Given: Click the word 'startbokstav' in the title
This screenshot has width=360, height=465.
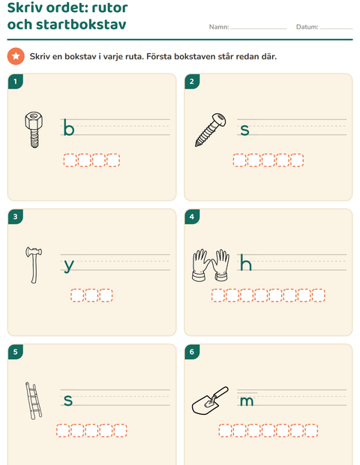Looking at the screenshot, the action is pos(81,24).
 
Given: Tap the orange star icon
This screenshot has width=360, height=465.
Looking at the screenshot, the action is pos(16,56).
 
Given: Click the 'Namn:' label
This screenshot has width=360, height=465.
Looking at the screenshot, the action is pos(219,27).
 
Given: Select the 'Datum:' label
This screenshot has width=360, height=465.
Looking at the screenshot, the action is pos(307,27).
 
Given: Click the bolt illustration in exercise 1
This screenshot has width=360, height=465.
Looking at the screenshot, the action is pos(34,129).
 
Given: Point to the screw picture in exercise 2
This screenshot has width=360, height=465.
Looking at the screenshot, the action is pos(211,130).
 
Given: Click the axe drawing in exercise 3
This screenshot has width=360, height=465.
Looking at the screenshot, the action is pos(34,265).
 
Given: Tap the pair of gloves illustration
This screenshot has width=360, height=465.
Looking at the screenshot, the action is pos(211,265).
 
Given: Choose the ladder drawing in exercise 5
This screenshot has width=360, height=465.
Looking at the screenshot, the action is pos(34,400).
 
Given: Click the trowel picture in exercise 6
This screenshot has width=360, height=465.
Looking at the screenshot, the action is pos(210,400).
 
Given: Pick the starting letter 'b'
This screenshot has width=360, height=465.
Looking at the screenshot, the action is pos(68,128).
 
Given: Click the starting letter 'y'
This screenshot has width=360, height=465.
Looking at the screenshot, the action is pos(69,265).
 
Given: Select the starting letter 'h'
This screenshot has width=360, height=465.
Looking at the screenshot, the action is pos(246,262).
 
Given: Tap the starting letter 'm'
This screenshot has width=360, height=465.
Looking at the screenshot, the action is pos(247,401).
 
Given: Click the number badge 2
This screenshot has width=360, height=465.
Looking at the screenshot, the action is pos(192,82).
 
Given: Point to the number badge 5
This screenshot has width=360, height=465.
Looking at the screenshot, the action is pos(16,352).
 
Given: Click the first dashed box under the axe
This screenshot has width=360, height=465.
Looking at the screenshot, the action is pos(77,295).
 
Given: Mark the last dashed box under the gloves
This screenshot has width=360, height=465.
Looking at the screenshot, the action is pos(319,295).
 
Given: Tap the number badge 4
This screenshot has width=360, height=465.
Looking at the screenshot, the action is pos(192,217).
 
